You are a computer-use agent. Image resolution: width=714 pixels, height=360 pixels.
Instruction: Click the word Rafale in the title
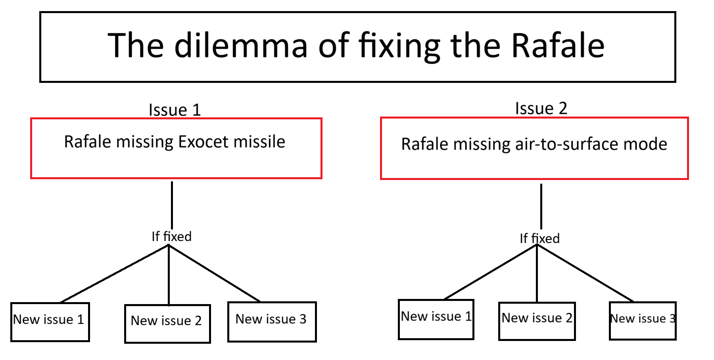point(558,45)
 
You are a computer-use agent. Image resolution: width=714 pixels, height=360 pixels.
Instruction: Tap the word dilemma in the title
point(241,45)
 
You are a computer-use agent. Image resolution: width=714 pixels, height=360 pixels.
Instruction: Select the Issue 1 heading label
point(175,110)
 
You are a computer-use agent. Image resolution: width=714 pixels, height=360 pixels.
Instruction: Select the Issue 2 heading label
point(541,108)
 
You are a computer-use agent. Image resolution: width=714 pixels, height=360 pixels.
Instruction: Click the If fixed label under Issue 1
point(171,237)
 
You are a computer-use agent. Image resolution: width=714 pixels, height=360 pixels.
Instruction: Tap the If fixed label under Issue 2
point(539,238)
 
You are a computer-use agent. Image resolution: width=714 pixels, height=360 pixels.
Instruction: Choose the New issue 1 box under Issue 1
point(50,322)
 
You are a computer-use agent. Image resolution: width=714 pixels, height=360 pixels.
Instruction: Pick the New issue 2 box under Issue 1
point(167,324)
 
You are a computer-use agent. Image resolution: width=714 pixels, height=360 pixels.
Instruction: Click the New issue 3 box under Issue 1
point(272,322)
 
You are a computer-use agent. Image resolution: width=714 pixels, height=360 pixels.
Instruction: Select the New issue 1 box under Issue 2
point(436,320)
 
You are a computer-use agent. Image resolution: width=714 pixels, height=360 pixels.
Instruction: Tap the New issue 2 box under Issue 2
point(537,321)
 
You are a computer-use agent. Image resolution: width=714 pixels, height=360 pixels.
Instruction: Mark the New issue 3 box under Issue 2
point(643,321)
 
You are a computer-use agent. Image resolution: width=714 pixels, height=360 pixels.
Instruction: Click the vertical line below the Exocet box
point(172,205)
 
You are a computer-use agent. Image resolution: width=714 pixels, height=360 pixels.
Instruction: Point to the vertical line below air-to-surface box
point(541,207)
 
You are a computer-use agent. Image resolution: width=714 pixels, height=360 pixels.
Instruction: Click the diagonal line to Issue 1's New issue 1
point(115,274)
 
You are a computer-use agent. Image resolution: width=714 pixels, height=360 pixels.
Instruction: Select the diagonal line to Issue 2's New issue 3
point(585,273)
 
